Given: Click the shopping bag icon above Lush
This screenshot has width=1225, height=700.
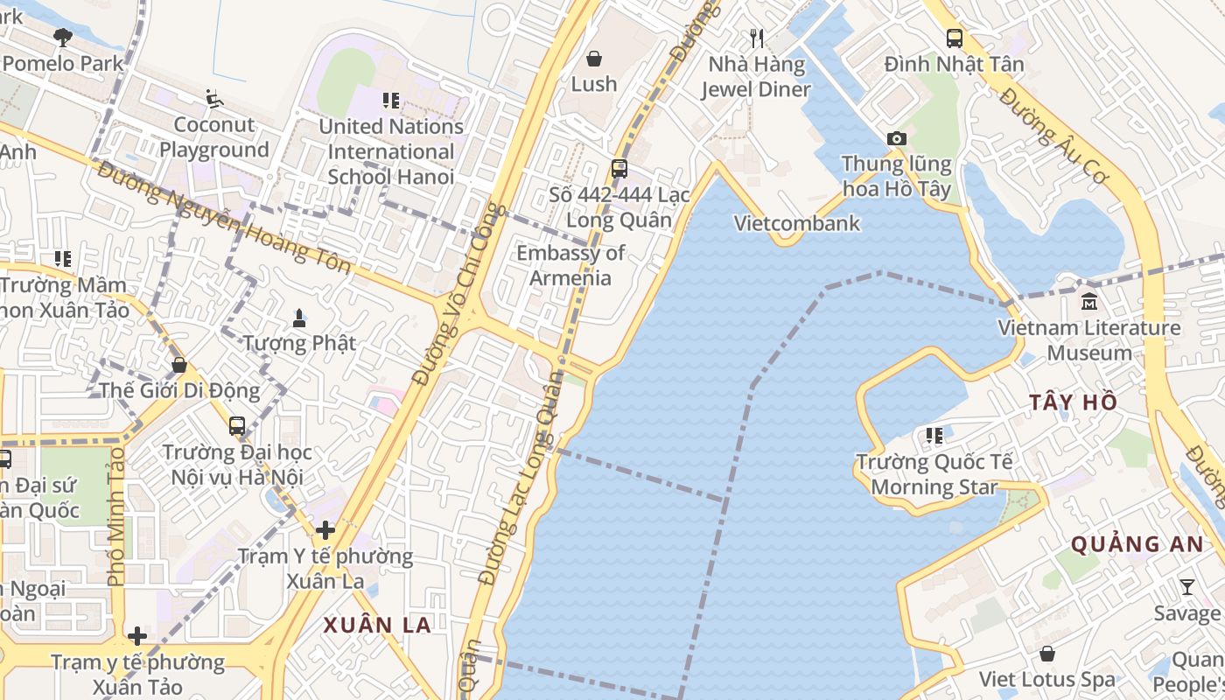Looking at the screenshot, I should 594,59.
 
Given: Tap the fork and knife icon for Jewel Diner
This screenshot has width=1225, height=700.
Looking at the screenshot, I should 758,38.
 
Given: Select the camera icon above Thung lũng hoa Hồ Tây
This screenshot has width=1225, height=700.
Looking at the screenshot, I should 896,138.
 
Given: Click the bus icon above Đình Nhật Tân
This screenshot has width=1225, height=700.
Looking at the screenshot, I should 954,38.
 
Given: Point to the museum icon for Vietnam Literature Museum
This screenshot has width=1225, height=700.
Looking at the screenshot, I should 1089,302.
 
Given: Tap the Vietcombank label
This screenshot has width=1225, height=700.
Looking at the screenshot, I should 796,223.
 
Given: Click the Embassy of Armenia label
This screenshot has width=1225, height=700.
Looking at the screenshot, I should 570,265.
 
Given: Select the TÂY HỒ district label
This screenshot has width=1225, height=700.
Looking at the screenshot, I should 1073,402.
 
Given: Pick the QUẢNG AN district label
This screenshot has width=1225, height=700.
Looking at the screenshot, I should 1137,544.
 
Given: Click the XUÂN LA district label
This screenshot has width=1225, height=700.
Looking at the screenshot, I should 377,625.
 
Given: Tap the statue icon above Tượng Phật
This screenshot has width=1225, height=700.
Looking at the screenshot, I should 299,317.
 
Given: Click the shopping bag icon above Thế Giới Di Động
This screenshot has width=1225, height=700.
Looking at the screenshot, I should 179,364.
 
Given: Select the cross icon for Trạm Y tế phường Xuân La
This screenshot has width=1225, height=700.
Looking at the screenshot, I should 325,529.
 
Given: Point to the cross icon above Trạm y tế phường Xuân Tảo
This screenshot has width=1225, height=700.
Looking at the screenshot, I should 136,636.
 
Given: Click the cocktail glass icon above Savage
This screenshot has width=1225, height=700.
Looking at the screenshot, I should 1186,587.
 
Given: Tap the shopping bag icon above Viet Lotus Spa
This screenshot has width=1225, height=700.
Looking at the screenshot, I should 1046,654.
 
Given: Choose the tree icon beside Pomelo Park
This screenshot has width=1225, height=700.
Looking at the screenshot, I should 62,37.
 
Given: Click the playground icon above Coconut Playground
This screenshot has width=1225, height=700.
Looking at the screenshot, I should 214,98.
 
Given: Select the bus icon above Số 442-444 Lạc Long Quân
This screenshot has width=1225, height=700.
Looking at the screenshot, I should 619,169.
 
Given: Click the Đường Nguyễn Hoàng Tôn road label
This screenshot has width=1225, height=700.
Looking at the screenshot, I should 224,219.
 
